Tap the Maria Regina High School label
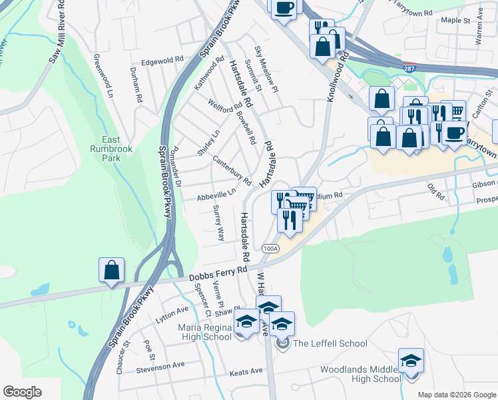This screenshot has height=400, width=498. (204, 332)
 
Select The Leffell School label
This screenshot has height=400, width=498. (330, 344)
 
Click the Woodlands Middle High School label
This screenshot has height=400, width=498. (360, 374)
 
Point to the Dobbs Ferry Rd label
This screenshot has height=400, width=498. (217, 275)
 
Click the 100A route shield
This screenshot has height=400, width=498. (270, 249)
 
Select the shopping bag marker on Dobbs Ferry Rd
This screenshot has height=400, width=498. (112, 271)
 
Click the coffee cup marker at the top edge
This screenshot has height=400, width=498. (284, 7)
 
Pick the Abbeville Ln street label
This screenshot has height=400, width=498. (216, 195)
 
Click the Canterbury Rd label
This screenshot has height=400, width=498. (232, 170)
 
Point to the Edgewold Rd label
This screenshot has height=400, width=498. (162, 60)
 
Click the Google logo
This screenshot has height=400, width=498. (22, 392)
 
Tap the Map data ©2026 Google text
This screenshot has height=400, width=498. (457, 395)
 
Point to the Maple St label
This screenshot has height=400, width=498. (456, 21)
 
